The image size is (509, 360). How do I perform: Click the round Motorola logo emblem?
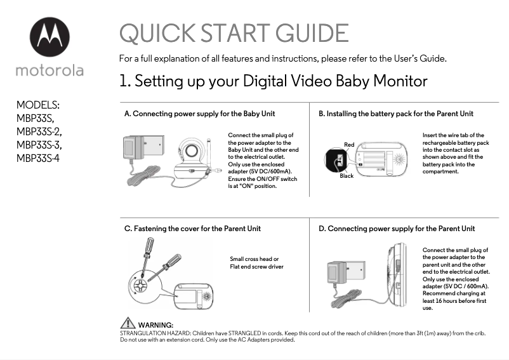50,37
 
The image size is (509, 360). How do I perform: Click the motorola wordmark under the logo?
50,70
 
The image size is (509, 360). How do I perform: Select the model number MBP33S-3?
39,145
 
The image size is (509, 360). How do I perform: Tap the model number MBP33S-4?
38,158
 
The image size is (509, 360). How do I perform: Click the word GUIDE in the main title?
312,33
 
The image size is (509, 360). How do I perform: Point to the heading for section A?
200,114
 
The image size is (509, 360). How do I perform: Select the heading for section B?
396,114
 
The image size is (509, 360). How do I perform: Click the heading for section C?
192,229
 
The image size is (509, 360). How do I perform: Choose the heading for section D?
397,229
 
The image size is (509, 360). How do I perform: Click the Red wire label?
349,145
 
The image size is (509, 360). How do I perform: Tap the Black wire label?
347,176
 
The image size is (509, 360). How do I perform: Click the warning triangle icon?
128,323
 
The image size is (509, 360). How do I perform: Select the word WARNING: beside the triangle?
156,325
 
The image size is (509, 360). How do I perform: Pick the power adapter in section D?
346,273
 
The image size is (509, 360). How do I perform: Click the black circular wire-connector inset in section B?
336,160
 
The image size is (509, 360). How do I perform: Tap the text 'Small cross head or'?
254,259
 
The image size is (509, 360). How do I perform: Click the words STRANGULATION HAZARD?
155,333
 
